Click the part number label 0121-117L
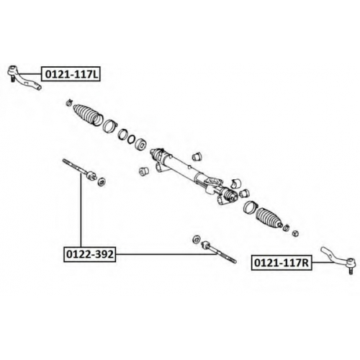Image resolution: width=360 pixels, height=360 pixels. tap(71, 74)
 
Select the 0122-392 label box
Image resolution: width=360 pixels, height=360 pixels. tap(89, 254)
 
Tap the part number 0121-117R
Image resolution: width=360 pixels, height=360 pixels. tap(282, 263)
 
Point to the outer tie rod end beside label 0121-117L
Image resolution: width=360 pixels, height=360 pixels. tap(23, 77)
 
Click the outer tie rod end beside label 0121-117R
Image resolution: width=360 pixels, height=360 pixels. tap(338, 258)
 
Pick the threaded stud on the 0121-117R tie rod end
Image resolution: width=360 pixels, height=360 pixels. tap(351, 270)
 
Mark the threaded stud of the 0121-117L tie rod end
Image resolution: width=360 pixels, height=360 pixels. tap(12, 78)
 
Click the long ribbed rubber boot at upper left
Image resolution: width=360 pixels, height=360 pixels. tap(88, 114)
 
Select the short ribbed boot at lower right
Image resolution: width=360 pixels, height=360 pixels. tap(269, 217)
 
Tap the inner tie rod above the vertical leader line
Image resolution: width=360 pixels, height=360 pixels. tap(79, 169)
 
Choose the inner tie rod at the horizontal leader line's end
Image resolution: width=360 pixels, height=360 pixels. tap(219, 252)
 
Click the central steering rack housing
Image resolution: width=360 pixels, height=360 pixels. tap(193, 175)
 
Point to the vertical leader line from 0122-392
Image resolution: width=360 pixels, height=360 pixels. tap(81, 210)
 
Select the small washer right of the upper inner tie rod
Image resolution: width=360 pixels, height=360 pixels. tap(102, 181)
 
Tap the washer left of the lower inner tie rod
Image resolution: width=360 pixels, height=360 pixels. tap(197, 239)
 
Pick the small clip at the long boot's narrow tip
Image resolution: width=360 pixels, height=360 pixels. tap(69, 102)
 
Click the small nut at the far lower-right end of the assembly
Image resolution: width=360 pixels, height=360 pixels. tap(296, 233)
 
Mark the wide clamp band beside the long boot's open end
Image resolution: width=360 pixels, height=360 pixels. tap(109, 126)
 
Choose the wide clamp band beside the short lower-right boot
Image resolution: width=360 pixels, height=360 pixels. tap(250, 207)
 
